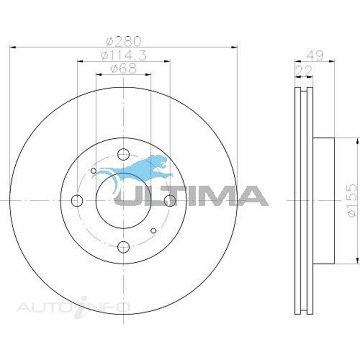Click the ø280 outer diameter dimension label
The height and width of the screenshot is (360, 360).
pyautogui.click(x=124, y=41)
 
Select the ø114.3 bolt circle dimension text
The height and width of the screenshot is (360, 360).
pyautogui.click(x=124, y=55)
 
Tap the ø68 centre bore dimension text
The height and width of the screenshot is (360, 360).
pyautogui.click(x=124, y=69)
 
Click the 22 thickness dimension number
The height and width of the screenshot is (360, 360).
pyautogui.click(x=304, y=71)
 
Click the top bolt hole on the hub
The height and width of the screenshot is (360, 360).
pyautogui.click(x=123, y=154)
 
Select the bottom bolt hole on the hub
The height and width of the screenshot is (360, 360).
pyautogui.click(x=123, y=247)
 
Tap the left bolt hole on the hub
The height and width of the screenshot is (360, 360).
pyautogui.click(x=77, y=201)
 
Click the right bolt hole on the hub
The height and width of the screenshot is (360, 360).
pyautogui.click(x=170, y=201)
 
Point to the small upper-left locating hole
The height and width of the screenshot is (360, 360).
pyautogui.click(x=94, y=171)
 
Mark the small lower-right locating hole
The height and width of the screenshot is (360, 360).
pyautogui.click(x=153, y=230)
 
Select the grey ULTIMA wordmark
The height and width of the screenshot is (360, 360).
pyautogui.click(x=192, y=196)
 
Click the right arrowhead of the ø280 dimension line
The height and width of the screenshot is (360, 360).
pyautogui.click(x=234, y=47)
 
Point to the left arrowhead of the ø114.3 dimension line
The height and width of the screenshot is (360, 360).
pyautogui.click(x=80, y=61)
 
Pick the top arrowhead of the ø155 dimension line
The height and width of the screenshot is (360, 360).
pyautogui.click(x=357, y=141)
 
